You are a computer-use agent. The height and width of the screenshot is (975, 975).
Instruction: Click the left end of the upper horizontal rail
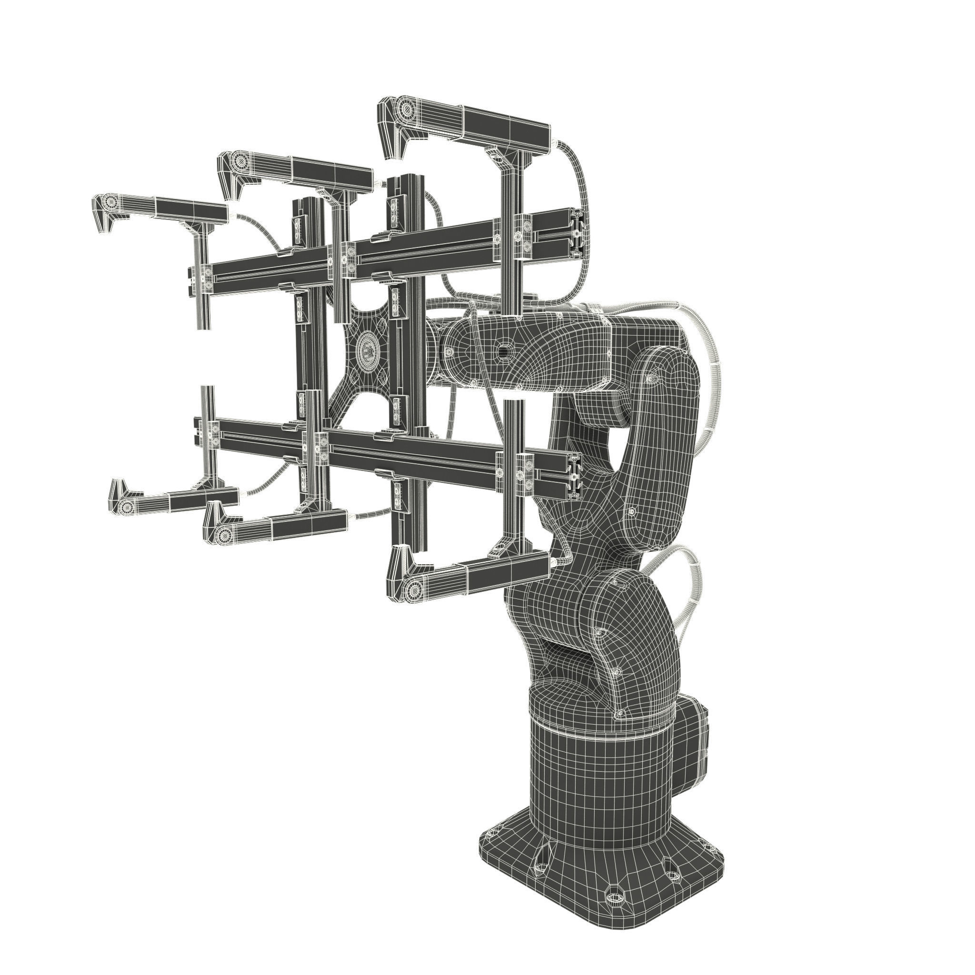[192, 280]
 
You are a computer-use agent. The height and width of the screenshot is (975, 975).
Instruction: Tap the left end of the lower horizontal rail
[198, 432]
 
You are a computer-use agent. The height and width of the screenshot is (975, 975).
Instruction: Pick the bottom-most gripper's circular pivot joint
[414, 588]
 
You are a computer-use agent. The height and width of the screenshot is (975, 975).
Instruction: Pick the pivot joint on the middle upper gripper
[241, 161]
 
